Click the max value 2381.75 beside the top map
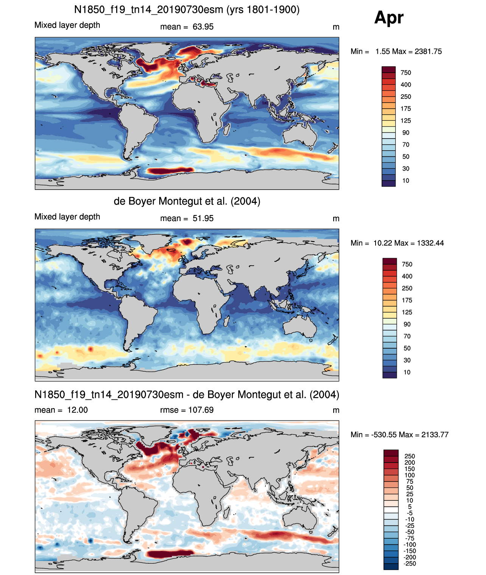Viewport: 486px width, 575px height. [428, 51]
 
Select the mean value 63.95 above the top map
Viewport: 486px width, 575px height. [203, 27]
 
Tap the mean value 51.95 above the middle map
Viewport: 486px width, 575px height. [203, 218]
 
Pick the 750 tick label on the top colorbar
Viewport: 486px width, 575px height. [406, 73]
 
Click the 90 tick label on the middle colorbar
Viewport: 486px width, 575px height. [407, 324]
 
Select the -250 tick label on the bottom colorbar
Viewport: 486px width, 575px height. [410, 564]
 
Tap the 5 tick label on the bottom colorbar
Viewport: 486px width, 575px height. [410, 507]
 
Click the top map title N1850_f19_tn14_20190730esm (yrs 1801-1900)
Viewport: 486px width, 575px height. [187, 10]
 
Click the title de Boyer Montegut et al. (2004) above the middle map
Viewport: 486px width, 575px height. [187, 201]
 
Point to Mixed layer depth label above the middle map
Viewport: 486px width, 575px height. [67, 217]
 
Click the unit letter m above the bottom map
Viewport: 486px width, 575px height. [336, 410]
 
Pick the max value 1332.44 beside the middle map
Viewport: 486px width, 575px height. [430, 243]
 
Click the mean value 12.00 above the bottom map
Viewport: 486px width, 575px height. [77, 410]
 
